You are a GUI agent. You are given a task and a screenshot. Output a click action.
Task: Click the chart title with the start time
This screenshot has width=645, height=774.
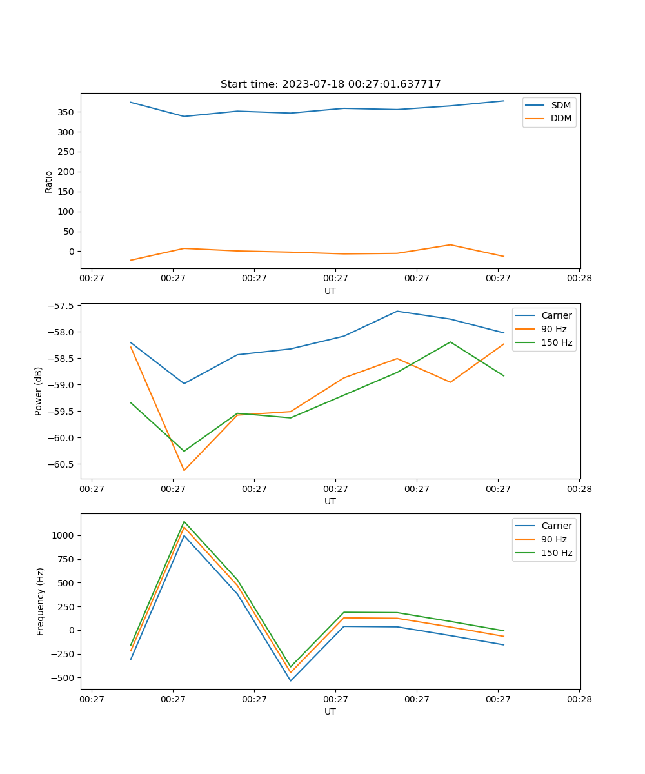tap(330, 84)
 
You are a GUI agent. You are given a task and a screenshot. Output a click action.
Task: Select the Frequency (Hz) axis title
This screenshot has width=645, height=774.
tap(41, 601)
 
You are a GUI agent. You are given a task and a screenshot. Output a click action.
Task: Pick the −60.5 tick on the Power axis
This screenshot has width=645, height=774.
tap(60, 464)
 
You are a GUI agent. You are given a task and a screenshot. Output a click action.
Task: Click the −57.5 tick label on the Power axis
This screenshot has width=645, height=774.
tap(60, 306)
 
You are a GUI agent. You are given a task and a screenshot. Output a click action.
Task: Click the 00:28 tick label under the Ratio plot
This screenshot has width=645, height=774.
tap(579, 279)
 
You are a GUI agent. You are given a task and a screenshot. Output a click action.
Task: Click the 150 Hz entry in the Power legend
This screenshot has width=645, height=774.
tap(557, 342)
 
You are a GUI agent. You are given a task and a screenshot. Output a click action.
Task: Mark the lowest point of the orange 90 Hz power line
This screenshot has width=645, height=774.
tap(184, 470)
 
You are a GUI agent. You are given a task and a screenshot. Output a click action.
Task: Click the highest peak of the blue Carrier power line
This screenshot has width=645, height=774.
tap(397, 311)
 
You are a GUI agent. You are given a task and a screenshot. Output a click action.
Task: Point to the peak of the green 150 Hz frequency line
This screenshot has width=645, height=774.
tap(184, 521)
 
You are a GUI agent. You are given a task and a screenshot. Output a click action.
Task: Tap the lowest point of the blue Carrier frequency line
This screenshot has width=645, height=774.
tap(290, 680)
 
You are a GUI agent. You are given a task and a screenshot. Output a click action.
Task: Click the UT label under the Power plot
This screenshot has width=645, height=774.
tap(330, 501)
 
